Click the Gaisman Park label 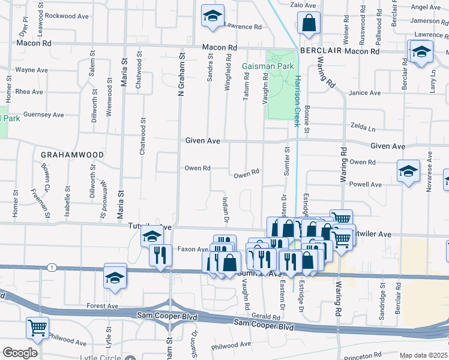(259, 65)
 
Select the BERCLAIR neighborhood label (321, 52)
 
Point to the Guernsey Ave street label (43, 115)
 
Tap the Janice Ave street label (365, 93)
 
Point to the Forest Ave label (102, 305)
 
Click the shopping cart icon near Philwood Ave (37, 328)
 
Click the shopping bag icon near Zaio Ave (309, 23)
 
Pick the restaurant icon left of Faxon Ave (160, 254)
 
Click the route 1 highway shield (53, 267)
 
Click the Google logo (20, 353)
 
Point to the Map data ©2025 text (424, 356)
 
